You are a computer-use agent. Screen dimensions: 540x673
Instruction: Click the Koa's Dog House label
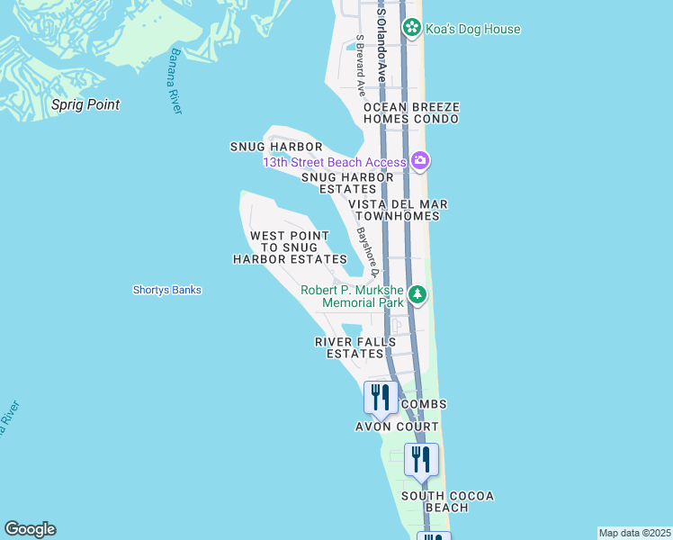click(x=474, y=29)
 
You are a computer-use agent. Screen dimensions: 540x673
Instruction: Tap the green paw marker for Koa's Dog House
click(x=411, y=28)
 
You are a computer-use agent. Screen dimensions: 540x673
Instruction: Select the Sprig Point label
click(x=85, y=104)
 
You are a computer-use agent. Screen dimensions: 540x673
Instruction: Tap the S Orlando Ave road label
click(x=381, y=45)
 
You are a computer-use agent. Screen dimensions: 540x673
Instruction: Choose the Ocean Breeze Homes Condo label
click(x=411, y=112)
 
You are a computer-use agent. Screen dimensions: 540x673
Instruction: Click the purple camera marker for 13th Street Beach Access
click(x=419, y=161)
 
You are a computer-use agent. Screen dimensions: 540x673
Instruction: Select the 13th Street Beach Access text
click(x=335, y=162)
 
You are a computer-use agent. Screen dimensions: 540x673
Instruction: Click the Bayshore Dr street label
click(x=365, y=251)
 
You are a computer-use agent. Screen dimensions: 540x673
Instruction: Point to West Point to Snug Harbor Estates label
click(x=290, y=247)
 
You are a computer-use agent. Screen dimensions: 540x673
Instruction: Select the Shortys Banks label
click(x=166, y=290)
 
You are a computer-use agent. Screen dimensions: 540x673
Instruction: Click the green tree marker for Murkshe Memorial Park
click(x=417, y=294)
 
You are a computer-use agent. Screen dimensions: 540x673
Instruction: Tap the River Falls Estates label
click(x=355, y=347)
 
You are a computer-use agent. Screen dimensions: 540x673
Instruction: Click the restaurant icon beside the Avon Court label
click(x=381, y=397)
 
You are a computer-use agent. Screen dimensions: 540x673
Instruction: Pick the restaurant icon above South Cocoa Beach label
click(x=421, y=459)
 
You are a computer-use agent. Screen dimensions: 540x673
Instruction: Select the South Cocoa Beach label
click(x=447, y=501)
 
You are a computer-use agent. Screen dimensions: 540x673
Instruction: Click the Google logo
click(x=30, y=529)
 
